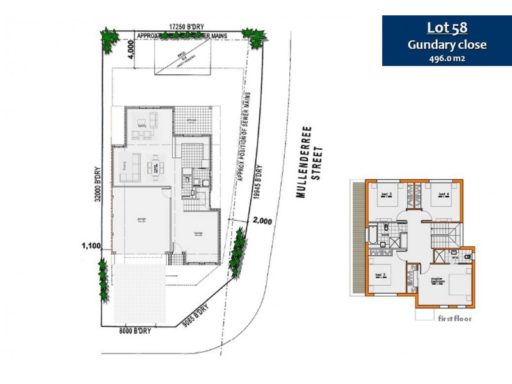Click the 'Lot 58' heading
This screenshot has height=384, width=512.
(x=447, y=28)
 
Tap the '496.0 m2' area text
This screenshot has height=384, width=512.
(x=447, y=58)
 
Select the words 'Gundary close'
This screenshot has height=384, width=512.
(x=447, y=44)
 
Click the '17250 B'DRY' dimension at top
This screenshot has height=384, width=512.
(x=186, y=26)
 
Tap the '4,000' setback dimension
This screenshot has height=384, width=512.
(x=131, y=49)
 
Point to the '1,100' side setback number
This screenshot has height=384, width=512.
(x=92, y=244)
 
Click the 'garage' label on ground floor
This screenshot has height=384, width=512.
(x=141, y=220)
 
